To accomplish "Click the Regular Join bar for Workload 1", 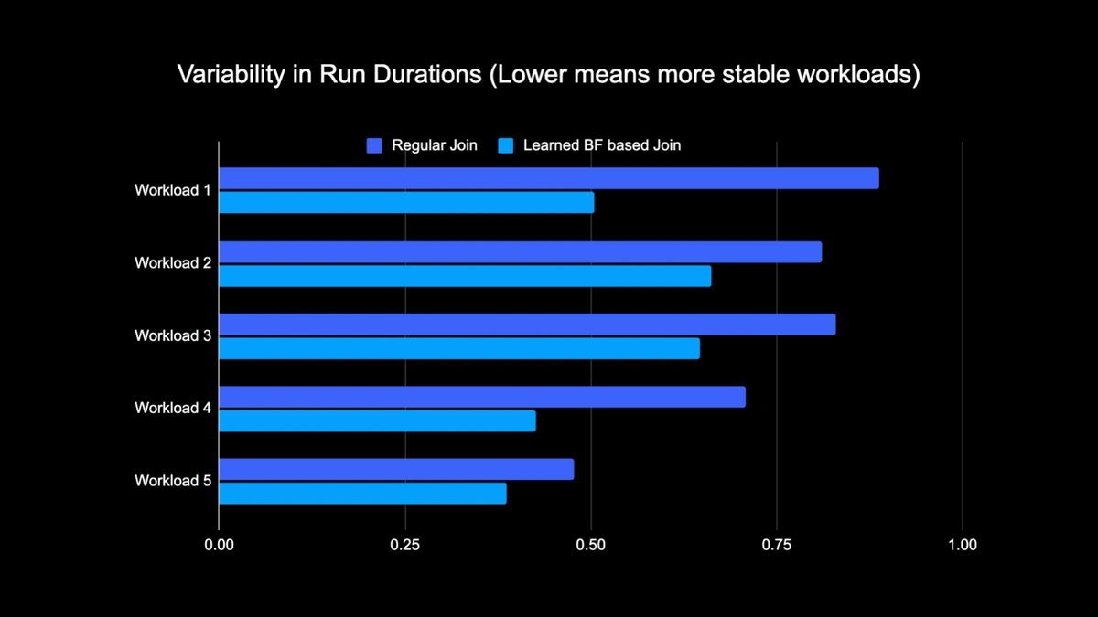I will [x=548, y=178].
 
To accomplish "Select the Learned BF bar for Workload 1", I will [x=406, y=202].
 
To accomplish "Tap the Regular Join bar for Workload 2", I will [x=520, y=251].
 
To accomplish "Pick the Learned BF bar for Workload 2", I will [x=465, y=275].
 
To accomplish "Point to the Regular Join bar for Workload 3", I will [x=527, y=324].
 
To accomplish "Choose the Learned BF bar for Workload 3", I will [x=459, y=348].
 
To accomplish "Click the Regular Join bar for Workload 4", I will [x=482, y=397].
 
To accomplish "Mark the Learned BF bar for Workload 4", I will [x=377, y=420].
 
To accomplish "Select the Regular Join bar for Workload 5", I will [x=396, y=469].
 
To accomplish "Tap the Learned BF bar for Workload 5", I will [x=362, y=494].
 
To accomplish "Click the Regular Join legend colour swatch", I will [x=373, y=145].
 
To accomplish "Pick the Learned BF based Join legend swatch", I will [x=505, y=145].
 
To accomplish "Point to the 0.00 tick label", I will [x=219, y=545].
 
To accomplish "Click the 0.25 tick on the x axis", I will [x=404, y=545].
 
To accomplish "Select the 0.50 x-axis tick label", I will [x=591, y=545].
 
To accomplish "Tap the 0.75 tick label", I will [x=777, y=545].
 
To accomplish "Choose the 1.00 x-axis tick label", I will [x=963, y=545].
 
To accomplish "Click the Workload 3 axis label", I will [x=173, y=335].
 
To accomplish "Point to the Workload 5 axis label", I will [x=173, y=481].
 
